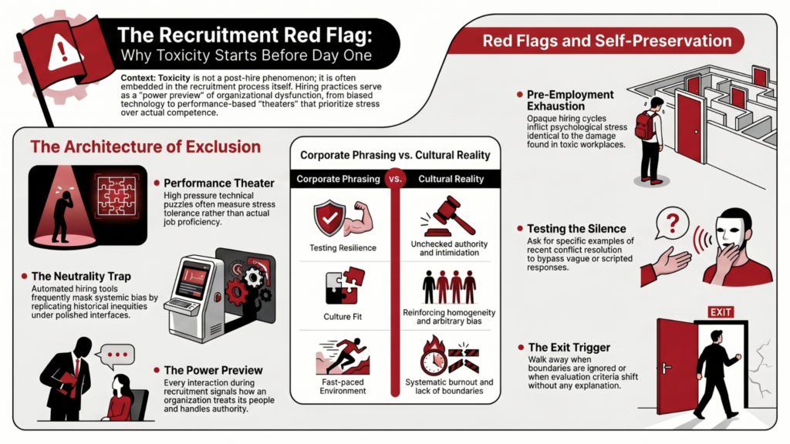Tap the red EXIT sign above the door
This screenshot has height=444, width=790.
point(720,312)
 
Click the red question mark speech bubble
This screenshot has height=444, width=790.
point(672,223)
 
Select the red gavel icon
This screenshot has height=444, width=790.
point(447,217)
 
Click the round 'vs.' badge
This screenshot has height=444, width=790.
point(396,179)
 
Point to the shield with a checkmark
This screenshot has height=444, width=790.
point(329,218)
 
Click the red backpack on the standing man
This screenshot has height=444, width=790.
point(646,125)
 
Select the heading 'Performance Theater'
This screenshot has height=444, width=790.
point(219,183)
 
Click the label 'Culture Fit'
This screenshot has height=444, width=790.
point(343,317)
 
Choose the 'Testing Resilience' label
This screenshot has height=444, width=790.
point(343,247)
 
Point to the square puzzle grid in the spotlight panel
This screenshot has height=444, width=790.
point(117,197)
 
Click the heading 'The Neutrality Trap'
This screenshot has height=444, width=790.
point(81,277)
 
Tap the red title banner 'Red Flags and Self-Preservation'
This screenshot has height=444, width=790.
point(596,41)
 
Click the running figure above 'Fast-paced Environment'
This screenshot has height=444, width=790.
point(345,355)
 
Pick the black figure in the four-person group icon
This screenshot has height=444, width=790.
point(429,287)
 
